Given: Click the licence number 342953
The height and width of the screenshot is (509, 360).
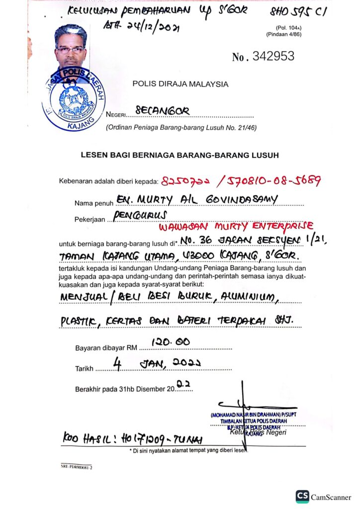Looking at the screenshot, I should click(273, 57).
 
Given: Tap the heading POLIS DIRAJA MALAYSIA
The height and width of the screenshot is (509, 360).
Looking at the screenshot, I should click(180, 84).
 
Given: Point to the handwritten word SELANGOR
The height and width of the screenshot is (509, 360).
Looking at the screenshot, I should click(162, 111).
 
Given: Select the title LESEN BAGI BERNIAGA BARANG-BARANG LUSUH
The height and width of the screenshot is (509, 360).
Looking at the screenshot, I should click(180, 155).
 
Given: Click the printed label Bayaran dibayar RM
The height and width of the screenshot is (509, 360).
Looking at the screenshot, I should click(105, 347).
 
